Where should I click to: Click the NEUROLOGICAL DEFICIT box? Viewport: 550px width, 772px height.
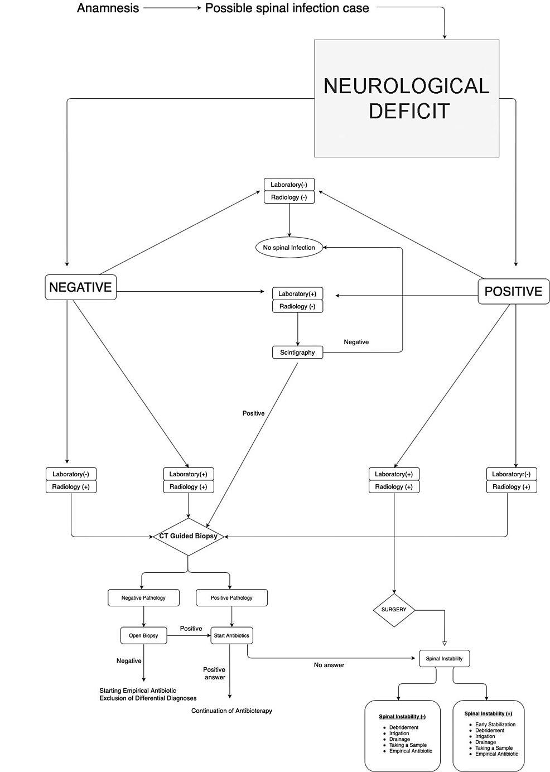(406, 98)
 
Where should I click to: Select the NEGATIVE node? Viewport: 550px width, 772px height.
(81, 287)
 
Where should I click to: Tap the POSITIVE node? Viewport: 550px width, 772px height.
(513, 291)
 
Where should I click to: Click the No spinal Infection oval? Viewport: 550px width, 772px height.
(289, 247)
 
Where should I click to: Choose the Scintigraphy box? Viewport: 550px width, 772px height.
(297, 353)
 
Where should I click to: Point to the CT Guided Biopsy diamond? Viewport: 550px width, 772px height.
(188, 536)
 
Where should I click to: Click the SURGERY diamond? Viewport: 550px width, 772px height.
(394, 610)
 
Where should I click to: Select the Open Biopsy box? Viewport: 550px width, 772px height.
(143, 635)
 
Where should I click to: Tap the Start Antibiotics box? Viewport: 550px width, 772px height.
(231, 635)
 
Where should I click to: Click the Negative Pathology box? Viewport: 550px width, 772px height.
(143, 597)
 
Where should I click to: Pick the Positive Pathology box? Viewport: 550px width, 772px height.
(231, 597)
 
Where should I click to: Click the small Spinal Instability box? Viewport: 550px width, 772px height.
(444, 659)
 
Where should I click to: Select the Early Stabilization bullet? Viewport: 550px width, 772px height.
(495, 725)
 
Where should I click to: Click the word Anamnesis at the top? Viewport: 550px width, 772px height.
(108, 8)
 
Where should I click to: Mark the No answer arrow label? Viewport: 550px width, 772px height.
(329, 665)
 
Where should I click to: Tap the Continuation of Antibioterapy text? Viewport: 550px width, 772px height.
(231, 711)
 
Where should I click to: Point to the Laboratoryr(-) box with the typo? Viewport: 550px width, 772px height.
(511, 474)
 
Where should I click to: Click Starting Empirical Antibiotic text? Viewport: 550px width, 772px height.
(138, 691)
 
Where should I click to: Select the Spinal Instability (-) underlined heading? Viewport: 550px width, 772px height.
(402, 717)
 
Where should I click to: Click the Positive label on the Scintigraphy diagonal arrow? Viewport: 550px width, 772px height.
(253, 413)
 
